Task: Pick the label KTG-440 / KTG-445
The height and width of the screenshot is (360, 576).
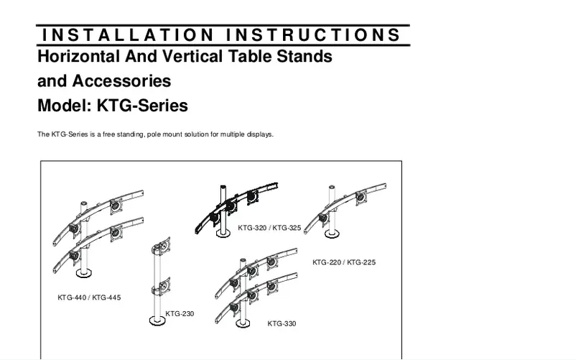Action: coord(89,297)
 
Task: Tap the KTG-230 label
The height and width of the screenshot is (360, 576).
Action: coord(180,314)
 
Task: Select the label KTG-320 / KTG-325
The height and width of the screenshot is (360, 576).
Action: coord(269,228)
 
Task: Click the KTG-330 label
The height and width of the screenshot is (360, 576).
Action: coord(282,324)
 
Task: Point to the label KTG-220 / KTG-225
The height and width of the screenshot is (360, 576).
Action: coord(344,262)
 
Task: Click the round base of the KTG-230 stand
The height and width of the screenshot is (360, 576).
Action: coord(154,319)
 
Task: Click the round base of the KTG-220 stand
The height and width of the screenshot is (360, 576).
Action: coord(332,233)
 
